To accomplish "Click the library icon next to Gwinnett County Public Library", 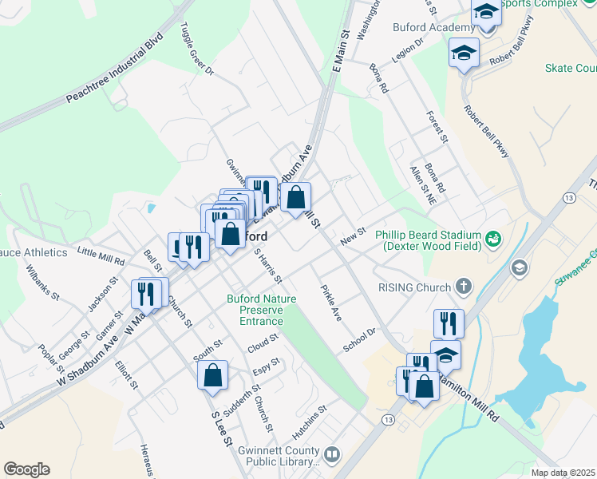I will point(331,455).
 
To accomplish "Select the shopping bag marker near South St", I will point(213,375).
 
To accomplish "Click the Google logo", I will point(26,469).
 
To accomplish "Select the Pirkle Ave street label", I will point(331,303).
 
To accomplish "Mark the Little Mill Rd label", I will point(101,255).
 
